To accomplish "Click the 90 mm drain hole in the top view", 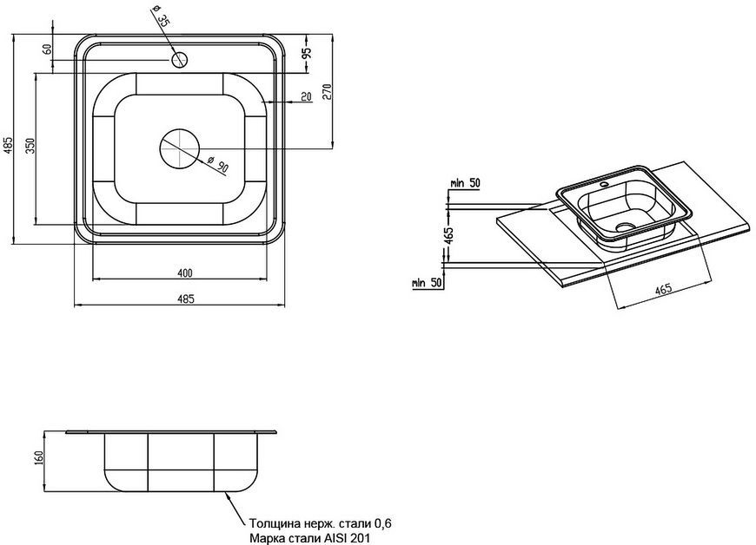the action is click(x=179, y=148).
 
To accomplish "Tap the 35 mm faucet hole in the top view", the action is click(x=179, y=60).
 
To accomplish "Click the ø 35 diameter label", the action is click(x=161, y=16).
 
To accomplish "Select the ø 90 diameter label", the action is click(x=217, y=165).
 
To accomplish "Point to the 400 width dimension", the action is click(x=185, y=273).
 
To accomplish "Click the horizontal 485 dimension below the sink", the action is click(x=186, y=299).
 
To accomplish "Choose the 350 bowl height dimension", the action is click(x=30, y=145).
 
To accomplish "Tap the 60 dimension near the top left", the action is click(x=47, y=49).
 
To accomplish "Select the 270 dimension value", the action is click(x=327, y=91).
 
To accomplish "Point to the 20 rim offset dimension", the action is click(x=306, y=97).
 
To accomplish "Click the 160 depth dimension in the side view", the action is click(x=39, y=456).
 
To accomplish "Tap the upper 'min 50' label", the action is click(x=465, y=183).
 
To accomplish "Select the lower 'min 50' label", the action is click(x=428, y=283).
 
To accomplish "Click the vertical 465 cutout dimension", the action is click(x=448, y=235).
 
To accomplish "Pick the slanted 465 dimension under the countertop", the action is click(x=663, y=289).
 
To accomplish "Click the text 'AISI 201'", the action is click(x=349, y=537).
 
